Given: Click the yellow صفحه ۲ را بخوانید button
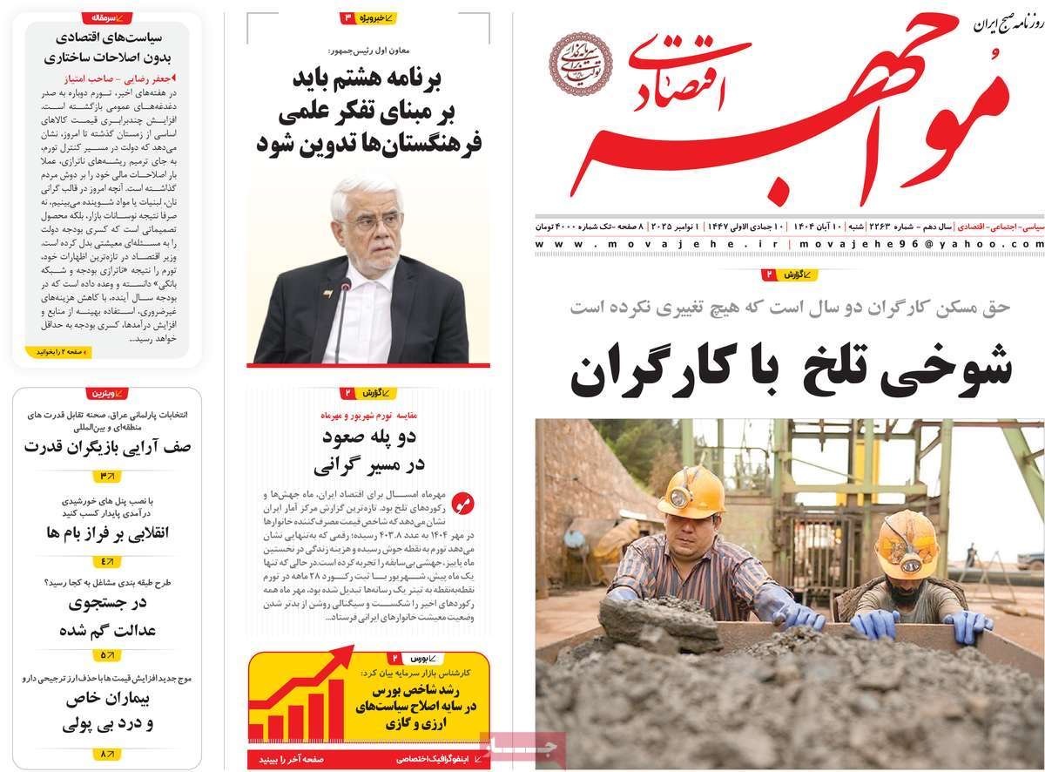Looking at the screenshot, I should coord(64,352).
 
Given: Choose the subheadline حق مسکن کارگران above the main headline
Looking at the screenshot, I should coord(791,307).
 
